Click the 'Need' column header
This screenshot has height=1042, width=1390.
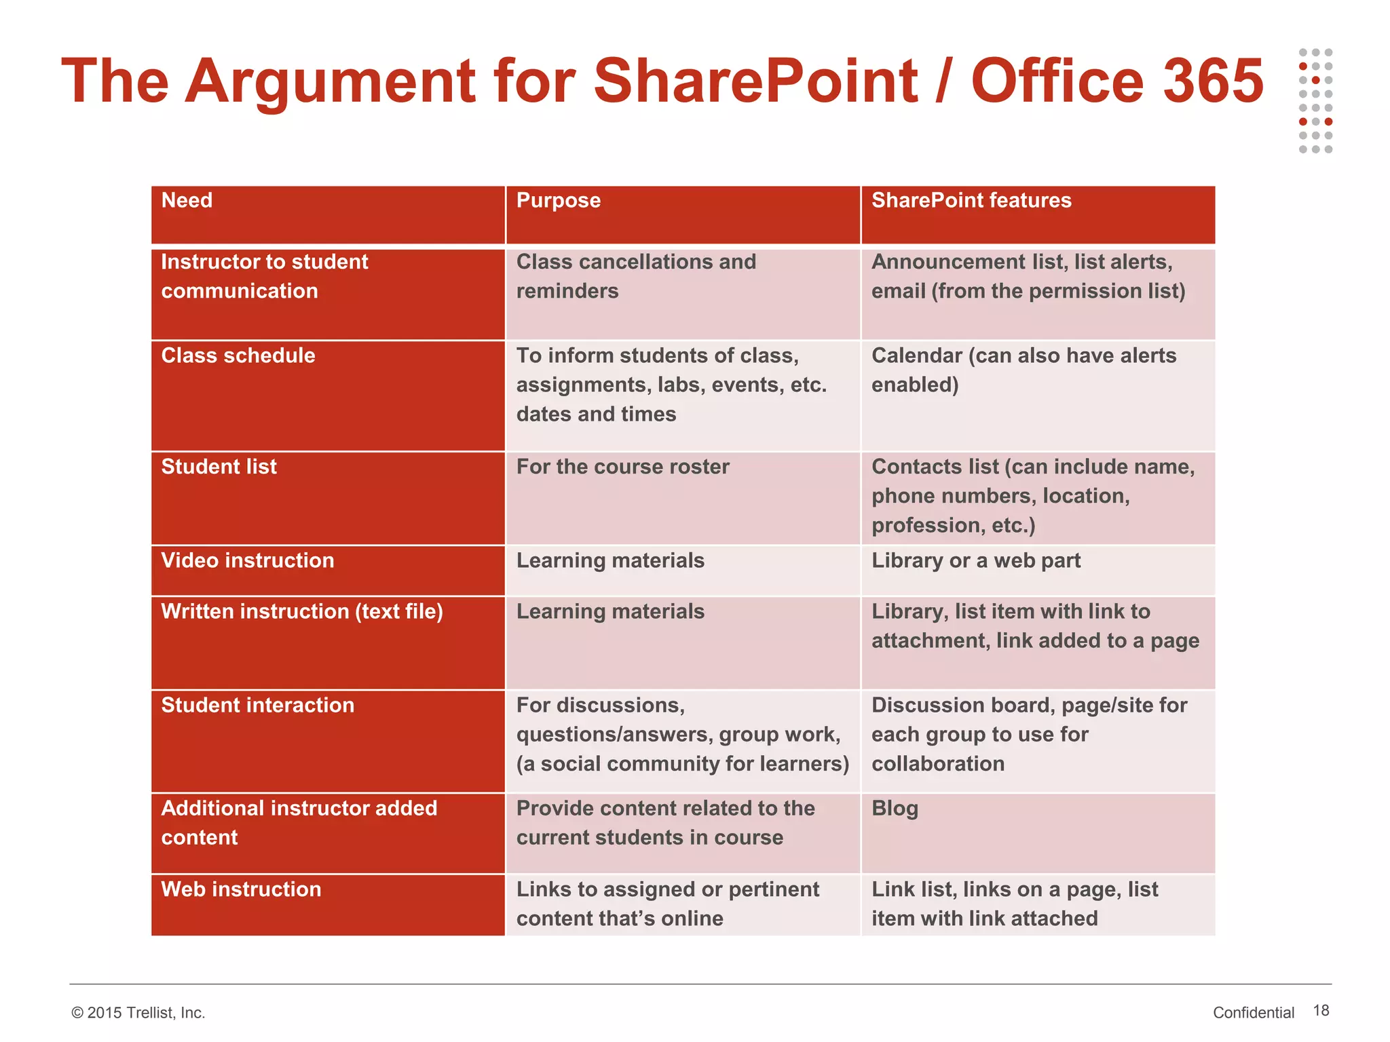click(187, 201)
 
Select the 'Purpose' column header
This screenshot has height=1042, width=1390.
click(558, 201)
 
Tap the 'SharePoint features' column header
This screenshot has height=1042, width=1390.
click(971, 201)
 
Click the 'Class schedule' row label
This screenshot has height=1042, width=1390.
click(238, 355)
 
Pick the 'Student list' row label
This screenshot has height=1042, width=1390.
click(219, 467)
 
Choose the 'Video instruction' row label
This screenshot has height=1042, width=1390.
click(247, 560)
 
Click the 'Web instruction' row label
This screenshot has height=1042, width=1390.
click(241, 889)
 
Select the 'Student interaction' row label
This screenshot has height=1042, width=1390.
click(257, 706)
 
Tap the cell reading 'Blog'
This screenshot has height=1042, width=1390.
click(895, 809)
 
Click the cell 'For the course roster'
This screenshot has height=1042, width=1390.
click(622, 467)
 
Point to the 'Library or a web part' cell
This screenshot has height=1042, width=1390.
click(975, 560)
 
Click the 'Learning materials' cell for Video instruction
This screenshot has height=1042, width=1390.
click(610, 560)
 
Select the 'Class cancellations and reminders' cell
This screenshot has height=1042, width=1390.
click(635, 276)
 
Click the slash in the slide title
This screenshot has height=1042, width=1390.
click(943, 81)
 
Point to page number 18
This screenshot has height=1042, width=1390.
click(1321, 1011)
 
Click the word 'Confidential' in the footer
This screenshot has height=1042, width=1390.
click(1253, 1013)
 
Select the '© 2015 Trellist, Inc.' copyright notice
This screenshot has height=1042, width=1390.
click(138, 1013)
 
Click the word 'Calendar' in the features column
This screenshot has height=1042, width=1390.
click(916, 356)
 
